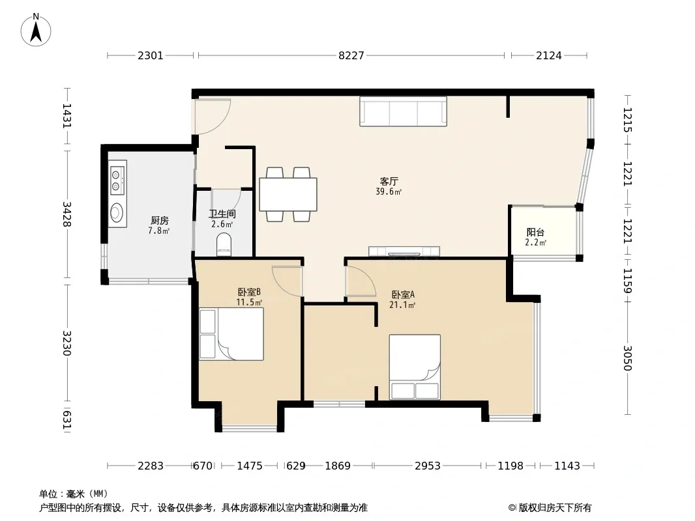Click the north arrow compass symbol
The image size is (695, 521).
click(36, 30)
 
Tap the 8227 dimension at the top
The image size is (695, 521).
click(351, 55)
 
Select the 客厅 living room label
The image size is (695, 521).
click(389, 181)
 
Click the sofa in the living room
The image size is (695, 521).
click(403, 111)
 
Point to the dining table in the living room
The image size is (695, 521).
click(288, 194)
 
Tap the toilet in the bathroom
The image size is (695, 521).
click(224, 246)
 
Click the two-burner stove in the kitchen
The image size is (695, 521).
click(117, 178)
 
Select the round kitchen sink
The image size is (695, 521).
click(117, 212)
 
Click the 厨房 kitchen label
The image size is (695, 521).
click(160, 220)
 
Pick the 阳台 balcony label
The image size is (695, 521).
click(535, 232)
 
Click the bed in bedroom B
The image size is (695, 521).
click(231, 333)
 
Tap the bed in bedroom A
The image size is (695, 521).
click(415, 367)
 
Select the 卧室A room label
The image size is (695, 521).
click(403, 294)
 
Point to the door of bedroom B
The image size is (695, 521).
click(287, 281)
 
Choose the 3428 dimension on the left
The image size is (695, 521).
click(67, 214)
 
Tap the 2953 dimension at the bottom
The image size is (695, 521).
click(427, 466)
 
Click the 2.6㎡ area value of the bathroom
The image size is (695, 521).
click(222, 224)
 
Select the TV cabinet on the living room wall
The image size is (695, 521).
click(404, 251)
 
